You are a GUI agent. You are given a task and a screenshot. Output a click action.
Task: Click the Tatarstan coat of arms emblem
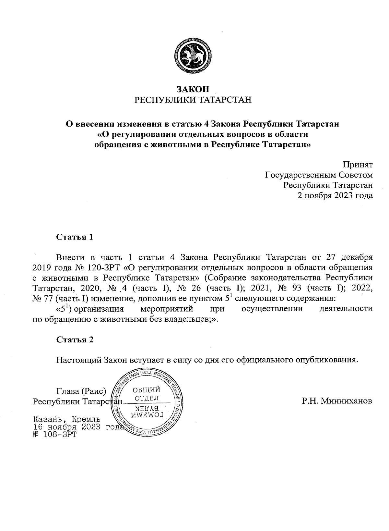[x=193, y=56]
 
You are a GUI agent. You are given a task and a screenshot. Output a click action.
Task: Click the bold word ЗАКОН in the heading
[x=193, y=89]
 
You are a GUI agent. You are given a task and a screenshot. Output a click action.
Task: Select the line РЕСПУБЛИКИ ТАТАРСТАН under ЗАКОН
[x=193, y=100]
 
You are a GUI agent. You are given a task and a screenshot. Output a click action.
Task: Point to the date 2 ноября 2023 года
[x=335, y=196]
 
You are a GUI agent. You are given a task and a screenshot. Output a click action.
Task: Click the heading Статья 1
[x=75, y=237]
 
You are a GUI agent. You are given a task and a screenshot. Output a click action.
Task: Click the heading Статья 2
[x=75, y=340]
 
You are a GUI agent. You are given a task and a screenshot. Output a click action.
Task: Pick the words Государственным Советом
[x=319, y=175]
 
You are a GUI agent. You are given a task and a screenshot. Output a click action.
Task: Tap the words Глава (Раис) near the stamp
[x=82, y=391]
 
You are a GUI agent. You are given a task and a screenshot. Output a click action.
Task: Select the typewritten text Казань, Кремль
[x=66, y=419]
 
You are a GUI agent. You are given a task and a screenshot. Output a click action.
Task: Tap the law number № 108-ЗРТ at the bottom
[x=55, y=434]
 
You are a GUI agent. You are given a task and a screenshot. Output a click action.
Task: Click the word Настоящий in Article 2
[x=79, y=360]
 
